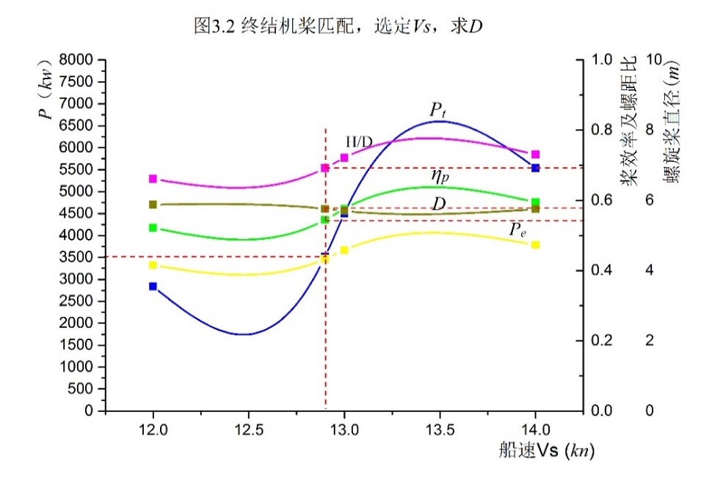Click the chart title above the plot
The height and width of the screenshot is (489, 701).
(338, 26)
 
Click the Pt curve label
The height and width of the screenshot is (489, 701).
(439, 111)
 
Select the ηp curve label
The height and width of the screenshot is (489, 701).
(440, 175)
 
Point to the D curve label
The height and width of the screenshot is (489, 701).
(439, 204)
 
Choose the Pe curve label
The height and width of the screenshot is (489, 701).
(518, 230)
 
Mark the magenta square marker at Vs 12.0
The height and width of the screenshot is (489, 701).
(153, 179)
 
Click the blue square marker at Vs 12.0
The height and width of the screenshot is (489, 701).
(153, 287)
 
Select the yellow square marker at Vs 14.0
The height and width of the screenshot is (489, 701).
(536, 245)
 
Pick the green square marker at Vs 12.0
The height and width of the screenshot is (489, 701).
(153, 228)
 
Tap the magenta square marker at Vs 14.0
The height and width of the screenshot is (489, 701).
(536, 154)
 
